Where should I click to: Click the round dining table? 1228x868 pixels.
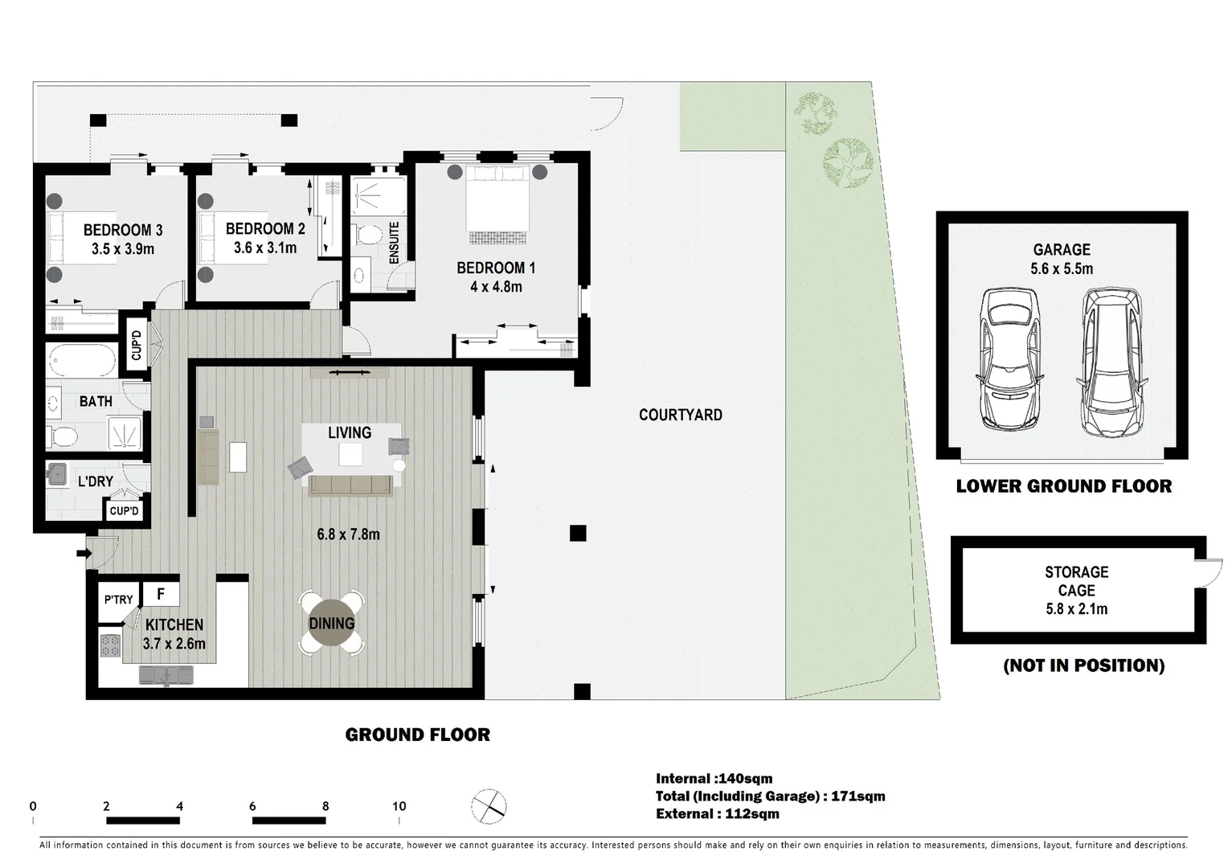point(331,623)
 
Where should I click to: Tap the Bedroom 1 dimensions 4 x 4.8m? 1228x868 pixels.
point(496,287)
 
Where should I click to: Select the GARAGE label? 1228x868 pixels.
point(1062,250)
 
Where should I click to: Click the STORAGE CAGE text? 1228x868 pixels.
point(1077,581)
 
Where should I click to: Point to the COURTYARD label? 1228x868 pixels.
point(681,415)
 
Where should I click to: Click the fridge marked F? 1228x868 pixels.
point(162,594)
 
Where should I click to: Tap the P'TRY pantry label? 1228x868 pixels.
point(118,600)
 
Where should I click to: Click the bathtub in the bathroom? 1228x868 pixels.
point(82,360)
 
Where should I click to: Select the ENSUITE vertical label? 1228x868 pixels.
point(394,243)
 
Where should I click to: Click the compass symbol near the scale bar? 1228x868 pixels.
point(489,806)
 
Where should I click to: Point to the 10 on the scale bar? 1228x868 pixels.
point(399,806)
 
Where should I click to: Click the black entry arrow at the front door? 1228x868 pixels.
point(84,553)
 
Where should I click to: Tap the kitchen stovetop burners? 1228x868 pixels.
point(110,645)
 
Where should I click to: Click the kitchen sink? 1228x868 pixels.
point(166,675)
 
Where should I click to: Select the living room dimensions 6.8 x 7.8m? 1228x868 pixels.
point(348,534)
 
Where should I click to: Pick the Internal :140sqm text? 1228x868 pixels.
point(714,779)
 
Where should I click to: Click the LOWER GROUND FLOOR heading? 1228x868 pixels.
point(1063,486)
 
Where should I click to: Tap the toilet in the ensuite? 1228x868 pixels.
point(367,235)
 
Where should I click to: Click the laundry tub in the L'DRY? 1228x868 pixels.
point(57,474)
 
